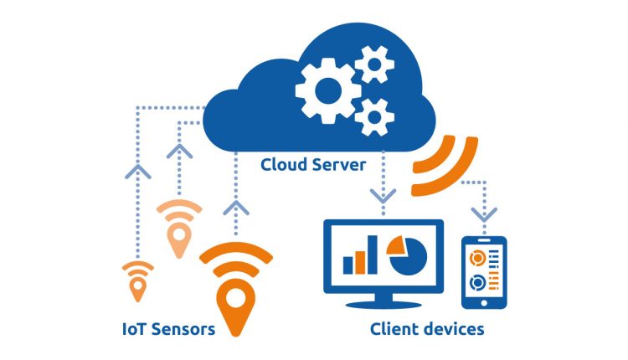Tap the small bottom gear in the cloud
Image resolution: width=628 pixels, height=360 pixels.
click(x=373, y=116)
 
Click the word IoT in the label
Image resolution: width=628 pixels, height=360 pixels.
click(x=134, y=328)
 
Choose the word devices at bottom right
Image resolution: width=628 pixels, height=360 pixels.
click(x=454, y=328)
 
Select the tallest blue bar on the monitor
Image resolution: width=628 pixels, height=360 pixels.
click(x=372, y=254)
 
